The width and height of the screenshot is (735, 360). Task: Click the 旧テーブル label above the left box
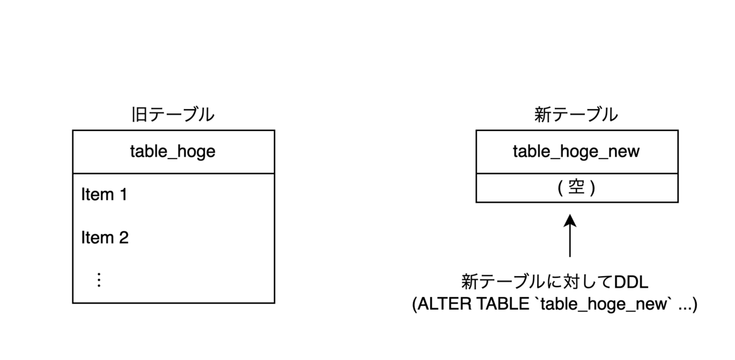pyautogui.click(x=173, y=115)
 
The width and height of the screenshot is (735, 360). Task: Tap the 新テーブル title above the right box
pyautogui.click(x=576, y=115)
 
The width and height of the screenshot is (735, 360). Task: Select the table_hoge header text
pyautogui.click(x=173, y=151)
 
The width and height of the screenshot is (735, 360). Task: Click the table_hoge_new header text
pyautogui.click(x=576, y=151)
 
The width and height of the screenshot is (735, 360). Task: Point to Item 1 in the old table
pyautogui.click(x=104, y=195)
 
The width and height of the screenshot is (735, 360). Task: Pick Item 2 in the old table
pyautogui.click(x=105, y=238)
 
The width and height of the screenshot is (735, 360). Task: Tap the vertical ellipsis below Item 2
pyautogui.click(x=99, y=280)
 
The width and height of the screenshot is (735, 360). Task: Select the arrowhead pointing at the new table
pyautogui.click(x=570, y=219)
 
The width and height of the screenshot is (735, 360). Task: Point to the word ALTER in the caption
pyautogui.click(x=443, y=304)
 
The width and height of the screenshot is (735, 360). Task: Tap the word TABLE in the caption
pyautogui.click(x=496, y=304)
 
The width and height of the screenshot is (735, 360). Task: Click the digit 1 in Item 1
pyautogui.click(x=123, y=195)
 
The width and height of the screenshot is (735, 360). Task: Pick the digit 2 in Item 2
pyautogui.click(x=123, y=238)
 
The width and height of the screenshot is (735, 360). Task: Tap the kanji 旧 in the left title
pyautogui.click(x=138, y=115)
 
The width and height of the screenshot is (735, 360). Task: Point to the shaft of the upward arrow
pyautogui.click(x=570, y=242)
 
